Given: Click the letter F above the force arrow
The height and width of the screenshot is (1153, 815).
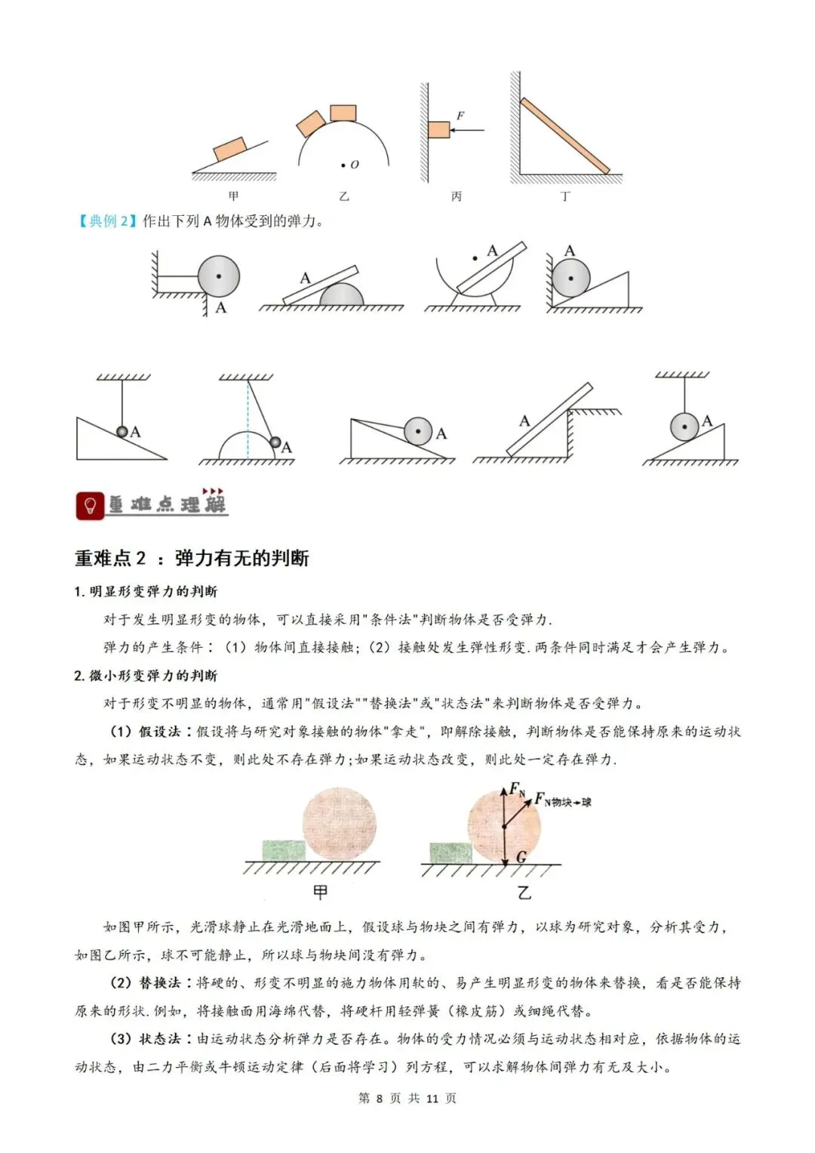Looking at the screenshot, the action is (x=460, y=116).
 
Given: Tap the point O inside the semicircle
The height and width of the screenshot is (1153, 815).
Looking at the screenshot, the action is (x=343, y=165).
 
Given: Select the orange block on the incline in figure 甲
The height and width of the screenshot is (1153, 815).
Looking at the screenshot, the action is (x=229, y=150).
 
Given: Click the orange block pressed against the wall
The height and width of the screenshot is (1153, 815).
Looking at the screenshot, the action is (x=439, y=130).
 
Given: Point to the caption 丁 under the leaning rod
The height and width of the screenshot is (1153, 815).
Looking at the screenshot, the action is (x=565, y=196).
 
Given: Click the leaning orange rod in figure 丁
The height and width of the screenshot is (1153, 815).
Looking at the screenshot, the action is (x=564, y=136).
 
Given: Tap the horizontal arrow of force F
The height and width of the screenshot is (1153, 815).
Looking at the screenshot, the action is (x=467, y=130).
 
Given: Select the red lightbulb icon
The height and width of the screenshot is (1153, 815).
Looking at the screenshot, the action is (x=90, y=505).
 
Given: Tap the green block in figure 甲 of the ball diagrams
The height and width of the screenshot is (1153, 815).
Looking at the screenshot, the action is (x=284, y=850).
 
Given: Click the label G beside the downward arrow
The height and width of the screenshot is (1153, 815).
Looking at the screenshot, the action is (x=521, y=857).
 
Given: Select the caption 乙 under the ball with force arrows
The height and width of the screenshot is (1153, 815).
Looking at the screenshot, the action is (x=524, y=892).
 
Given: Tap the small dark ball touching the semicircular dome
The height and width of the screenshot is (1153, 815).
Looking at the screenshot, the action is (x=275, y=442).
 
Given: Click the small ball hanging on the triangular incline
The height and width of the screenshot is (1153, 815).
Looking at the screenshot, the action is (x=122, y=431).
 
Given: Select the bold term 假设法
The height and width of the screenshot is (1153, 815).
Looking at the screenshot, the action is (x=159, y=732).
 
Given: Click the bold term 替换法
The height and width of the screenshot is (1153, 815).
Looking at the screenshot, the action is (x=159, y=982).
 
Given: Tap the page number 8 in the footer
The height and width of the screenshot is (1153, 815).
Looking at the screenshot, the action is (x=379, y=1099).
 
